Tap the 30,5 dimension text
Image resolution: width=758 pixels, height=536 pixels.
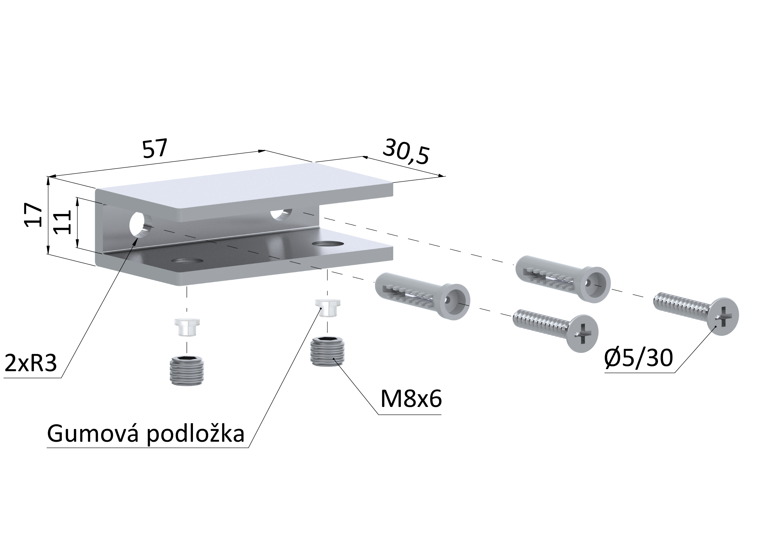pyautogui.click(x=406, y=152)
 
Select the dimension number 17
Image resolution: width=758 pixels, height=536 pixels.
pyautogui.click(x=33, y=215)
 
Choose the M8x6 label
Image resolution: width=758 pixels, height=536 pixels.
pyautogui.click(x=411, y=399)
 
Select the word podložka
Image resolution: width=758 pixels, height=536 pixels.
pyautogui.click(x=195, y=434)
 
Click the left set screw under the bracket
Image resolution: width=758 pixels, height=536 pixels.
pyautogui.click(x=187, y=370)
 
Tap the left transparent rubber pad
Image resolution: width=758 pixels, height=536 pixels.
pyautogui.click(x=187, y=327)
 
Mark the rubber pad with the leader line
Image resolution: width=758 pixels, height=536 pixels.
pyautogui.click(x=327, y=308)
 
